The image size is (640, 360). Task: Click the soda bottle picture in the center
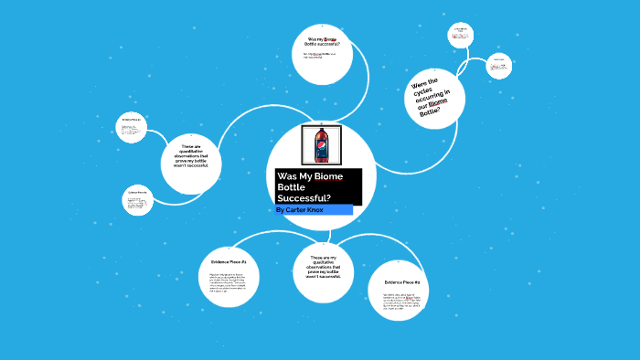pos(321,144)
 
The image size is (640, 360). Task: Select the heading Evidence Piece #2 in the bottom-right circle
pos(402,282)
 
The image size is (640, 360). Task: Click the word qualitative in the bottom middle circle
pos(324,264)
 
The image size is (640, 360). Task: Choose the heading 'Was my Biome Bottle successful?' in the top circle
pos(327,41)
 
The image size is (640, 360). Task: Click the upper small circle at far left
pos(132,128)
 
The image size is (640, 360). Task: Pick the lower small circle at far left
pos(137,201)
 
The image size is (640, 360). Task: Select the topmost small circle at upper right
pos(459,36)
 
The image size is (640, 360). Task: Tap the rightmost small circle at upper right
pos(497,65)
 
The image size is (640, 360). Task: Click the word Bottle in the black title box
pos(293,186)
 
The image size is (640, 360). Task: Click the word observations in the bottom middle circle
pos(324,270)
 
